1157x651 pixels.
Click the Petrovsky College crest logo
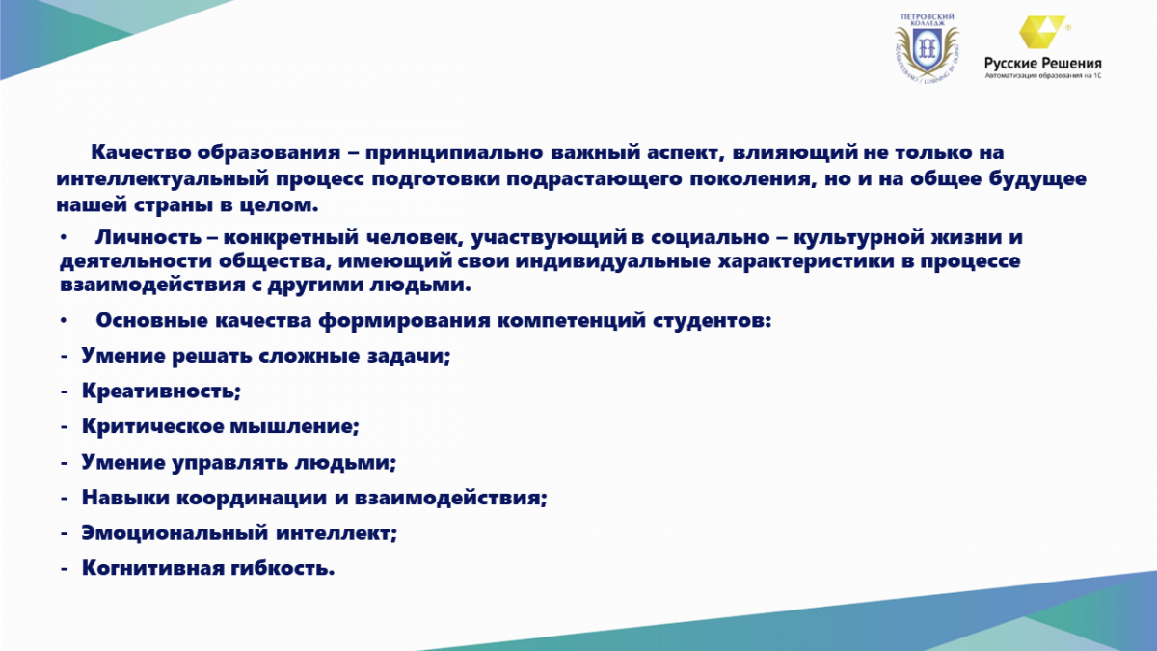click(927, 48)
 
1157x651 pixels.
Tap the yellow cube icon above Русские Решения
click(1041, 32)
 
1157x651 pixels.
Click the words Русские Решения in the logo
click(1043, 64)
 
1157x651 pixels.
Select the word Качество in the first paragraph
click(140, 152)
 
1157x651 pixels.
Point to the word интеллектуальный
click(163, 178)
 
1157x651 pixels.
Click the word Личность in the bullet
click(148, 237)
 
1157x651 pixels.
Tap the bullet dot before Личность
click(64, 237)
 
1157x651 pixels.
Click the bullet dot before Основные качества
click(64, 321)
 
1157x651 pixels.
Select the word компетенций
click(572, 321)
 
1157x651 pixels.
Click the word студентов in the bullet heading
click(712, 320)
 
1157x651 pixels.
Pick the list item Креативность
click(161, 392)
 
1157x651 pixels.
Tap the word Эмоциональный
click(175, 533)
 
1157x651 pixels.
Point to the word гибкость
click(283, 568)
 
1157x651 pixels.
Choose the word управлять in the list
click(229, 462)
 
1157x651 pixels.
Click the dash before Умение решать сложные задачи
click(64, 357)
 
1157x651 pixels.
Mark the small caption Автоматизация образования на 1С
click(1043, 75)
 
